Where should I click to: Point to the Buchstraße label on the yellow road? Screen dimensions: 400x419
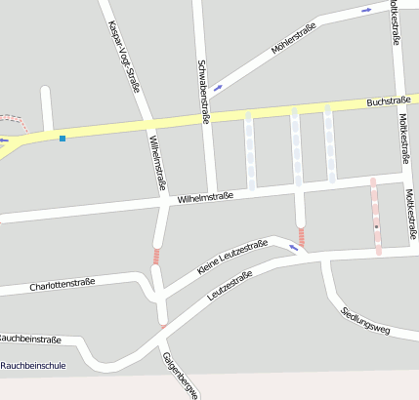pos(389,100)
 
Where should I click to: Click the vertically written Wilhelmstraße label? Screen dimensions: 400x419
pos(159,162)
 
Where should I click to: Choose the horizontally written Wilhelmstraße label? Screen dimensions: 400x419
pos(205,198)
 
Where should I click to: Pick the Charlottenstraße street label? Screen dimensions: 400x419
pos(63,284)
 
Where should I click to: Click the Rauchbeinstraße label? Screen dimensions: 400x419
pos(29,340)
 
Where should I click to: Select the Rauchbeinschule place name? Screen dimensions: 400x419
pos(33,366)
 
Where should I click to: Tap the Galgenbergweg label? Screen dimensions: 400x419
pos(182,376)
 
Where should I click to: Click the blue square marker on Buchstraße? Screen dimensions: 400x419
pos(63,139)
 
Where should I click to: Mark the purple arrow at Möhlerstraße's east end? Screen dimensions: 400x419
pos(367,10)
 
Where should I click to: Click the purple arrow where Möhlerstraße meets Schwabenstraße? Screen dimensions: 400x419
pos(217,87)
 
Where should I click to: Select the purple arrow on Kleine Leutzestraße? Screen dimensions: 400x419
pos(293,248)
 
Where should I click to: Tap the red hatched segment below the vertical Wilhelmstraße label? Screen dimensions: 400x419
pos(156,256)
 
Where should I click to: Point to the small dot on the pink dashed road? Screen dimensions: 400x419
pos(376,226)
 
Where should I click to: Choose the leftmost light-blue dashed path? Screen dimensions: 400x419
pos(250,151)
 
